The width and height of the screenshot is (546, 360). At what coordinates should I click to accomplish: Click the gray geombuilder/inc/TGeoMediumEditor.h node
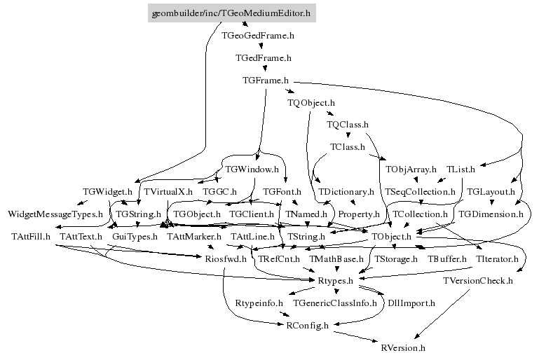(x=231, y=13)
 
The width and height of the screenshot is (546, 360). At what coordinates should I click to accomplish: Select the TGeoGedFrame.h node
(x=257, y=34)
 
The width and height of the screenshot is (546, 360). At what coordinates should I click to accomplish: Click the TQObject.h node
(x=311, y=103)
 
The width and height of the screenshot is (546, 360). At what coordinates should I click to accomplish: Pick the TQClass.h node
(x=348, y=125)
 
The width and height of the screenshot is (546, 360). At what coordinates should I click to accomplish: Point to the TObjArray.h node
(x=411, y=169)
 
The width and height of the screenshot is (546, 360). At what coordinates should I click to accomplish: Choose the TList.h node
(x=460, y=169)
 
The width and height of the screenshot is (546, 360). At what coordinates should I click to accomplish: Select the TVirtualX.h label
(x=168, y=191)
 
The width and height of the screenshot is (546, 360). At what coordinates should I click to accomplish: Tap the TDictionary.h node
(x=346, y=191)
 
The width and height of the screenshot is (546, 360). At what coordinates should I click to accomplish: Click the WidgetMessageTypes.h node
(x=55, y=214)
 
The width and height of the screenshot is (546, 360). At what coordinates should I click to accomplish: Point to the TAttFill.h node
(x=31, y=237)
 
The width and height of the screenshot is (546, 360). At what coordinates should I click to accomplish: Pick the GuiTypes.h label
(x=135, y=237)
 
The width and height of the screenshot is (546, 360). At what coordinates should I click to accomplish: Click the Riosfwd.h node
(x=226, y=259)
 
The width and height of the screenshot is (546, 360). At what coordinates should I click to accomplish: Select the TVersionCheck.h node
(x=478, y=281)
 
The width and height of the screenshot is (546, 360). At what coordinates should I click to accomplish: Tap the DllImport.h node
(x=411, y=303)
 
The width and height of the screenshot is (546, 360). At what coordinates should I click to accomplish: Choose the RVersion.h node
(x=403, y=347)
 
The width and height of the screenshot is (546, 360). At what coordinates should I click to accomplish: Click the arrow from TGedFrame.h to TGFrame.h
(x=264, y=69)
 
